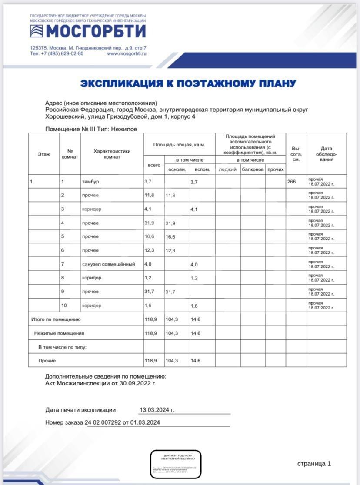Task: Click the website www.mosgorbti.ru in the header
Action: (127, 53)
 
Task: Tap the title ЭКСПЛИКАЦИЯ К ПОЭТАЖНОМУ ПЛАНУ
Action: (188, 83)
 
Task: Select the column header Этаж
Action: (44, 154)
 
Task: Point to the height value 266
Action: (291, 182)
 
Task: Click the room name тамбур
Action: (90, 182)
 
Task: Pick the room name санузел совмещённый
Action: (108, 264)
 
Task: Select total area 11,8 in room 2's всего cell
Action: (150, 195)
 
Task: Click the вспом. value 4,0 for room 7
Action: (194, 264)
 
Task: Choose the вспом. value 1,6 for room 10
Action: (194, 306)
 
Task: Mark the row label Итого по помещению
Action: (56, 319)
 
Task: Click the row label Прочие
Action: (47, 361)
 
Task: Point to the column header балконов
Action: (253, 169)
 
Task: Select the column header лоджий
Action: (227, 169)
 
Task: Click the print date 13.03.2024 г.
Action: (157, 410)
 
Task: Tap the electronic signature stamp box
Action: (176, 464)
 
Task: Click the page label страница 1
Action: (314, 464)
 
